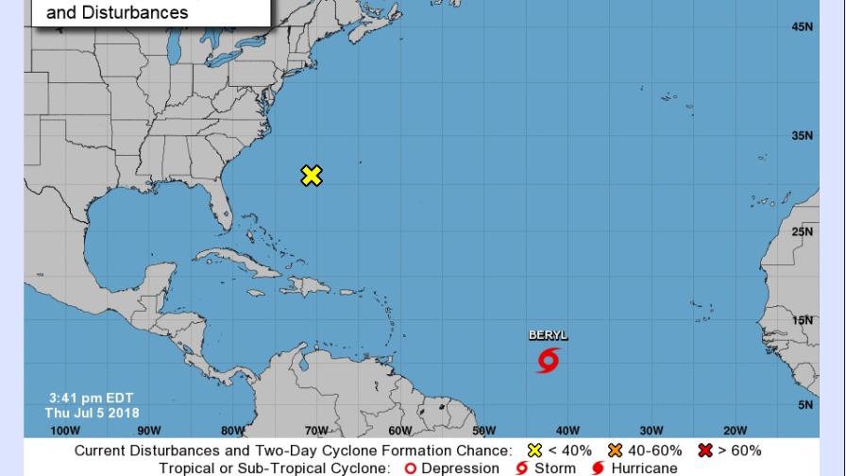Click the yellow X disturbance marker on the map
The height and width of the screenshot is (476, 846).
pyautogui.click(x=312, y=176)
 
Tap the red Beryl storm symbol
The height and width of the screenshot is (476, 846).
pyautogui.click(x=549, y=360)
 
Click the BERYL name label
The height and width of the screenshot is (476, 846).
pyautogui.click(x=549, y=335)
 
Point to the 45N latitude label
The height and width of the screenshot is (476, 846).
pyautogui.click(x=802, y=27)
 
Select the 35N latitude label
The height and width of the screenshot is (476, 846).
pyautogui.click(x=802, y=136)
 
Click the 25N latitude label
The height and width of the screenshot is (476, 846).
pyautogui.click(x=802, y=231)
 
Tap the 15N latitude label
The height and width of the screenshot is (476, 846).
pyautogui.click(x=802, y=321)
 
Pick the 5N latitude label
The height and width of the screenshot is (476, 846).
pyautogui.click(x=804, y=405)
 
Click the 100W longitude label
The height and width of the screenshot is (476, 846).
pyautogui.click(x=65, y=431)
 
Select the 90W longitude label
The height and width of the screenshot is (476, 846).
pyautogui.click(x=148, y=431)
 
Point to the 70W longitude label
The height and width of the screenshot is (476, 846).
pyautogui.click(x=316, y=431)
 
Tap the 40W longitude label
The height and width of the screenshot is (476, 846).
pyautogui.click(x=567, y=431)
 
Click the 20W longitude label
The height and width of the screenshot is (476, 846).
pyautogui.click(x=736, y=431)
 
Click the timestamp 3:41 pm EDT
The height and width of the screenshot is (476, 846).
pyautogui.click(x=92, y=398)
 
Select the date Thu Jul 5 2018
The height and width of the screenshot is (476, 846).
pyautogui.click(x=92, y=413)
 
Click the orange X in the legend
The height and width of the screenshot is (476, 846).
pyautogui.click(x=616, y=450)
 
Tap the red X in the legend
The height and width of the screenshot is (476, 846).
pyautogui.click(x=704, y=450)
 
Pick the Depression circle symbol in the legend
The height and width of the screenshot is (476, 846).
pyautogui.click(x=410, y=468)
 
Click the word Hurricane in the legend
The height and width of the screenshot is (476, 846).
pyautogui.click(x=644, y=468)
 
